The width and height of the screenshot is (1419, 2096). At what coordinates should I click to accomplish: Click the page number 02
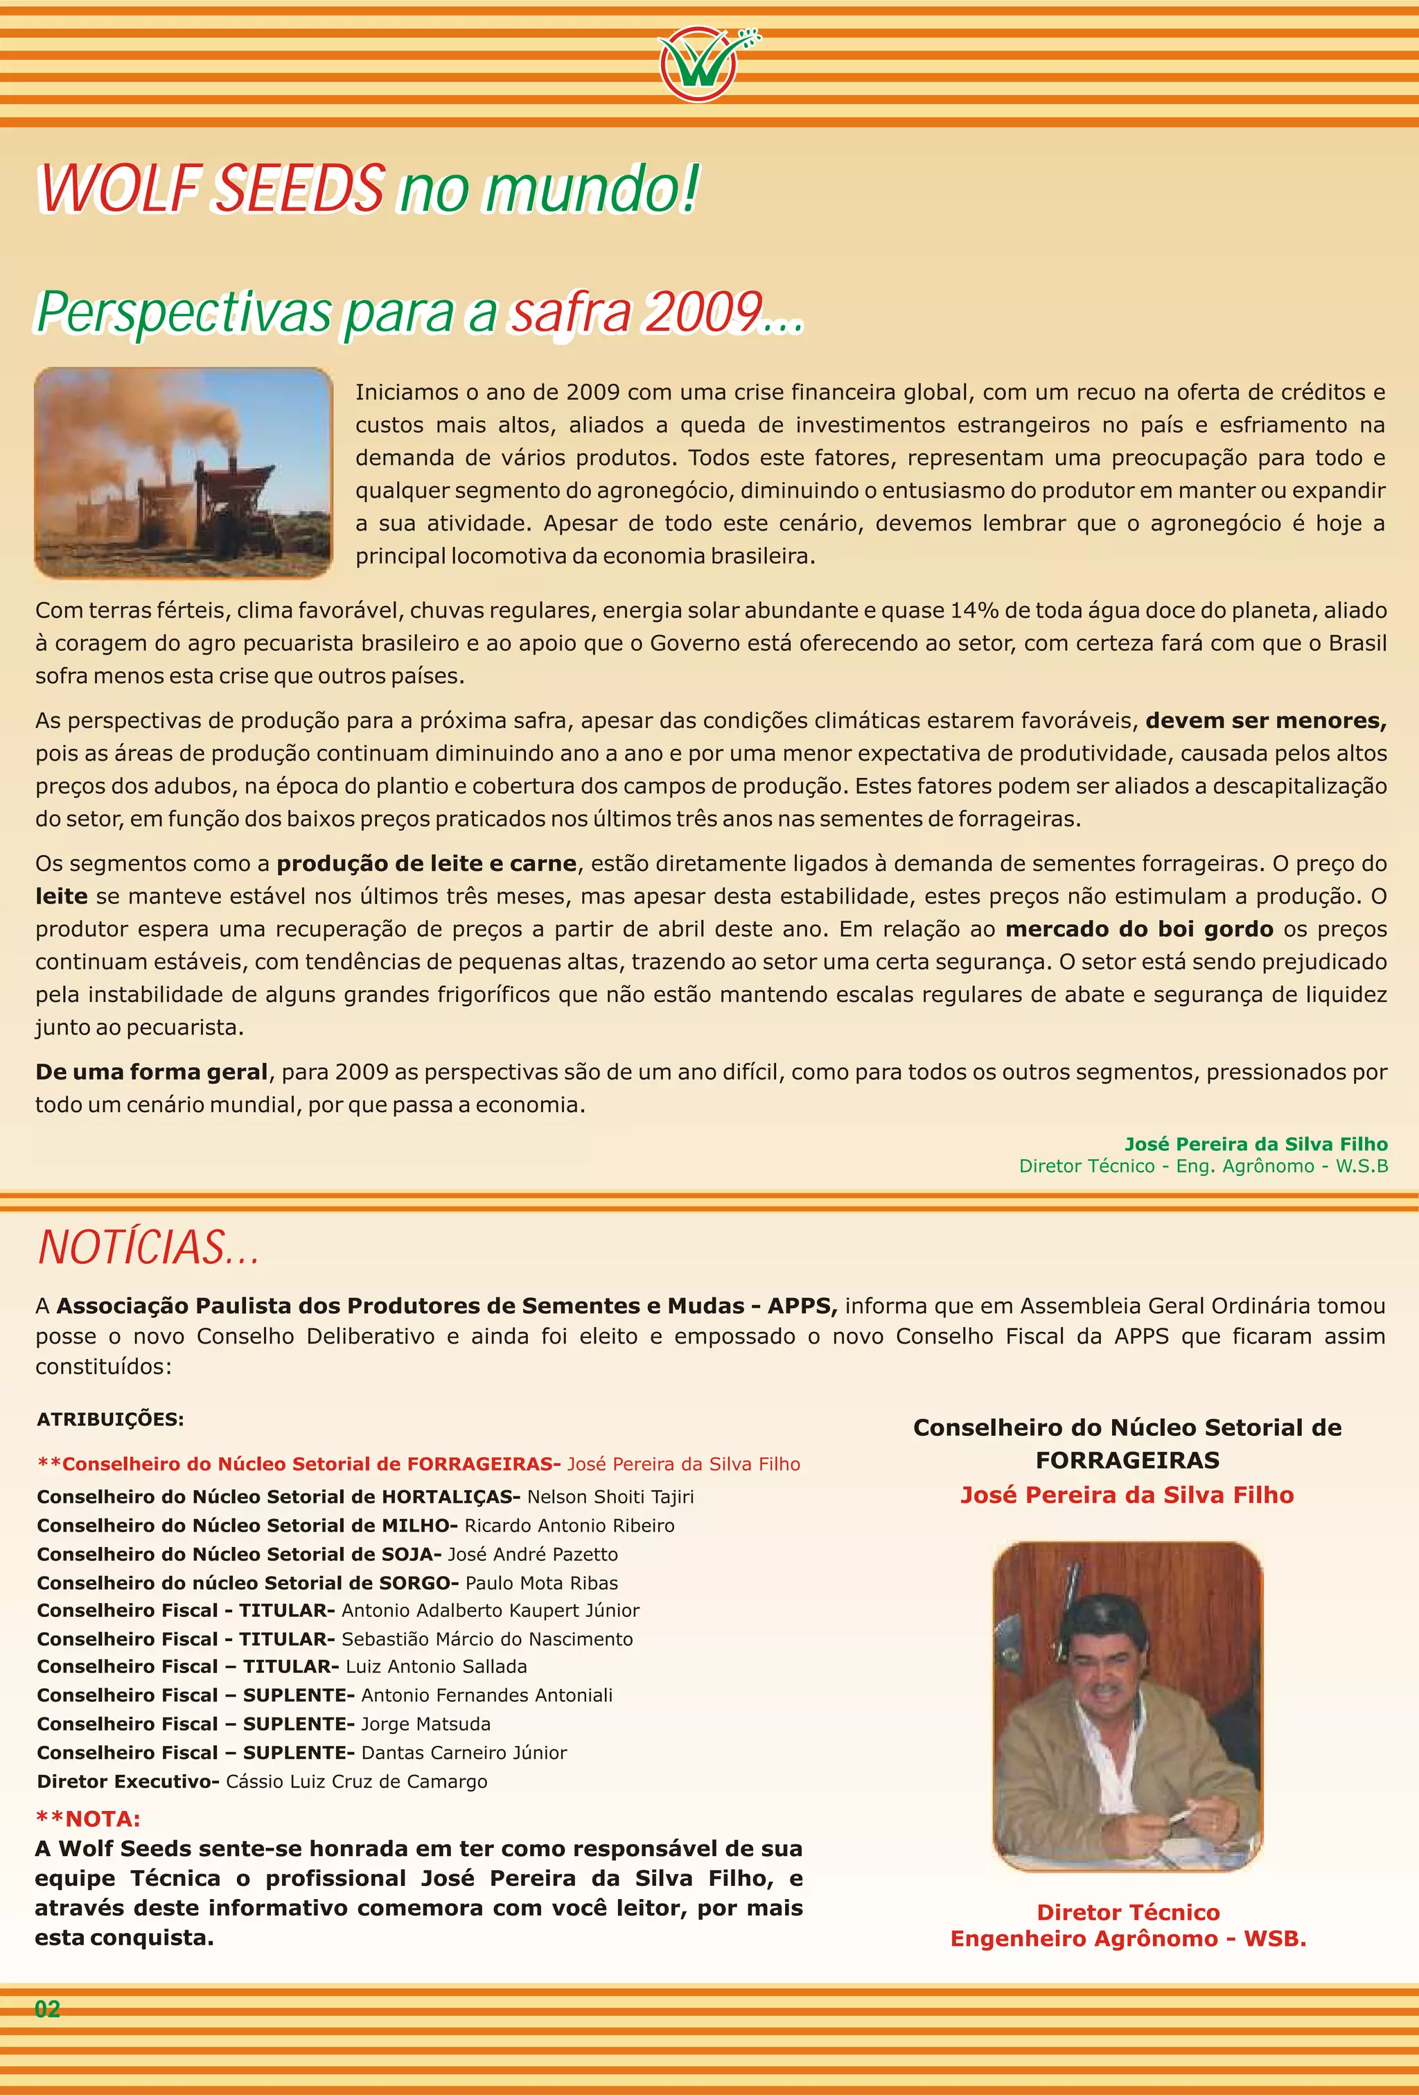point(47,2009)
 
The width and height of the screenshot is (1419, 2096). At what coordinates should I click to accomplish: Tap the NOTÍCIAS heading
point(149,1247)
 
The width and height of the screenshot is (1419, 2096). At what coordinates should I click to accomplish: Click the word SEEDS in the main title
point(302,189)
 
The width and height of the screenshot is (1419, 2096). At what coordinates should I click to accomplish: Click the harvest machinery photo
point(183,473)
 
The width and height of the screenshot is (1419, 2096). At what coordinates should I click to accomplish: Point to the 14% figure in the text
point(973,611)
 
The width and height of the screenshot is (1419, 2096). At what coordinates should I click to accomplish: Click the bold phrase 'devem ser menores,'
point(1265,720)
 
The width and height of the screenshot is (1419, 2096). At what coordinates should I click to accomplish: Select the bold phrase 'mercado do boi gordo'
point(1138,929)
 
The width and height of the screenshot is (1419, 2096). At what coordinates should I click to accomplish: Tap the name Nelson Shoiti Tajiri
point(610,1496)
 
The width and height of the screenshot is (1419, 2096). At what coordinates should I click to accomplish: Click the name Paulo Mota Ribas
point(542,1583)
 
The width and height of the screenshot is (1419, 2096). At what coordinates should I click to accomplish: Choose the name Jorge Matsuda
point(425,1724)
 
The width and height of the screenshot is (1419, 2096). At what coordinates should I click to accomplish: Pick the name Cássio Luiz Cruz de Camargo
point(356,1781)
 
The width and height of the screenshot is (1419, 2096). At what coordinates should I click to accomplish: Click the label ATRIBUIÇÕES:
point(110,1419)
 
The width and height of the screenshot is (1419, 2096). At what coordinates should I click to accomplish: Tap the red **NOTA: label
point(89,1818)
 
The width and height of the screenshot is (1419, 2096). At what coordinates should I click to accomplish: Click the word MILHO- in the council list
point(419,1525)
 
